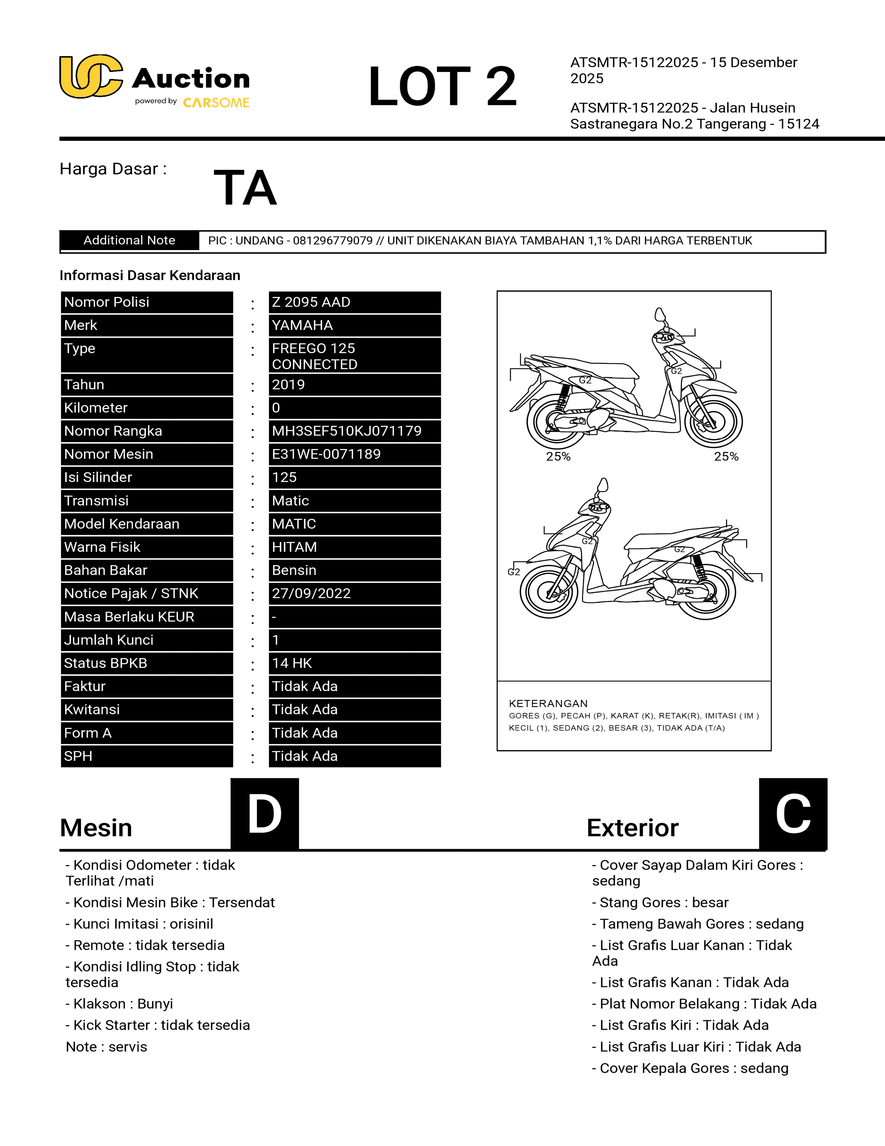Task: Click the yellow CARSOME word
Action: click(216, 103)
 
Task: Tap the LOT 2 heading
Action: click(442, 86)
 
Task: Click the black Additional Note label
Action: click(129, 240)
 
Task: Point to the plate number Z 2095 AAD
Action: click(311, 302)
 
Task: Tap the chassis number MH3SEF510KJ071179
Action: click(347, 431)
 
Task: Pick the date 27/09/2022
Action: click(311, 593)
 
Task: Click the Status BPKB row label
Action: click(106, 663)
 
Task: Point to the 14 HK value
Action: click(292, 663)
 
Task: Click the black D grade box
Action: click(265, 814)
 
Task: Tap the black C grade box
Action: click(793, 814)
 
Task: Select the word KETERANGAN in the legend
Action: click(548, 704)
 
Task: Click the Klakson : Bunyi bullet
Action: click(119, 1004)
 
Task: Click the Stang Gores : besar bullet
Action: click(660, 903)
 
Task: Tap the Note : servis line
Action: click(107, 1047)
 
